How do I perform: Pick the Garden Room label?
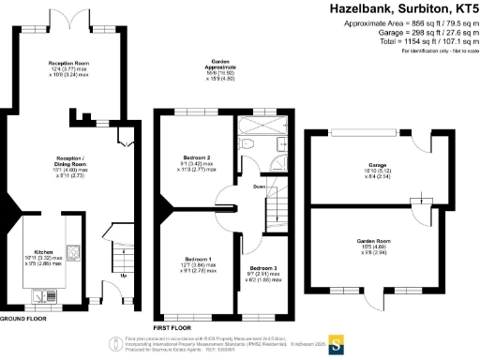tap(372, 241)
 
